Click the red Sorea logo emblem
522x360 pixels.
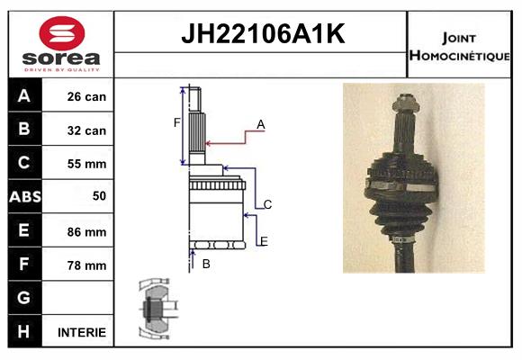pyautogui.click(x=62, y=33)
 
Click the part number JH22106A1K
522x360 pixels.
pyautogui.click(x=263, y=33)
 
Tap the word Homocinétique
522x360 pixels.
pyautogui.click(x=459, y=55)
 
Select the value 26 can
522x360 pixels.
pyautogui.click(x=86, y=96)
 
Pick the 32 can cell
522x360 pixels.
pyautogui.click(x=86, y=130)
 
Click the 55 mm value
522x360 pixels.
pyautogui.click(x=86, y=164)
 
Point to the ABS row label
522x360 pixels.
pyautogui.click(x=25, y=196)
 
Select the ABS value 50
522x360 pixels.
pyautogui.click(x=99, y=196)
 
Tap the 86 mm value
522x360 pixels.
pyautogui.click(x=86, y=232)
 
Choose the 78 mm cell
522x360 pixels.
pyautogui.click(x=86, y=265)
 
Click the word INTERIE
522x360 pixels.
pyautogui.click(x=82, y=332)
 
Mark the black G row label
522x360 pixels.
pyautogui.click(x=25, y=298)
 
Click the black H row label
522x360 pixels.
pyautogui.click(x=25, y=331)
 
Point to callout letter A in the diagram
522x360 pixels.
pyautogui.click(x=261, y=124)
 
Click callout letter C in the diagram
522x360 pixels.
pyautogui.click(x=267, y=204)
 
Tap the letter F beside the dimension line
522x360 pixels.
pyautogui.click(x=176, y=123)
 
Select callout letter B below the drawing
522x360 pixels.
pyautogui.click(x=206, y=264)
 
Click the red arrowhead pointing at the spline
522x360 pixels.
pyautogui.click(x=208, y=143)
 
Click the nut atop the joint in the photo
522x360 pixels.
pyautogui.click(x=405, y=103)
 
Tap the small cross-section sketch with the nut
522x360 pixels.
pyautogui.click(x=157, y=309)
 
